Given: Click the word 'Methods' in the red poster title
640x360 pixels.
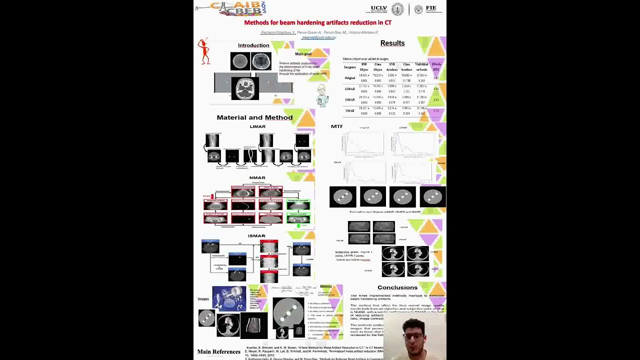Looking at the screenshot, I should click(x=255, y=22).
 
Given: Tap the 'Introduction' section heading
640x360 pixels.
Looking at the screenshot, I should click(x=253, y=45).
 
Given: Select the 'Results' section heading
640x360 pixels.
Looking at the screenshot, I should click(x=392, y=43).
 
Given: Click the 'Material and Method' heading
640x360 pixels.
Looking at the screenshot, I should click(x=254, y=117).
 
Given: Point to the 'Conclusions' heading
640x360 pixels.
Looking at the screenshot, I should click(x=397, y=287).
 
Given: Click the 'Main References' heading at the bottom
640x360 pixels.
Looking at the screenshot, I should click(x=218, y=352).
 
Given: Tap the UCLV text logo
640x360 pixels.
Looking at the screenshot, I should click(x=379, y=9).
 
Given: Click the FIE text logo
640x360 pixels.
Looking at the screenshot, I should click(x=430, y=9).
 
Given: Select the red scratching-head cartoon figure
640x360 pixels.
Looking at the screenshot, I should click(x=203, y=51).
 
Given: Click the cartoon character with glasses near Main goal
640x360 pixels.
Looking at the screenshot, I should click(x=322, y=95).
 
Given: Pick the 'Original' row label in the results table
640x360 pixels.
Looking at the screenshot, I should click(x=349, y=78).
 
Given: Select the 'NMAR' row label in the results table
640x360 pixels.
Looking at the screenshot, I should click(x=349, y=110).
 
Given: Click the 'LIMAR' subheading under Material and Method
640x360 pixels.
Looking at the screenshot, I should click(x=257, y=127).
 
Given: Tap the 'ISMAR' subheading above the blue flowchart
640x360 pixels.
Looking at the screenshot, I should click(x=256, y=236).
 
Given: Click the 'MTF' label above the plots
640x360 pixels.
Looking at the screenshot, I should click(x=336, y=126).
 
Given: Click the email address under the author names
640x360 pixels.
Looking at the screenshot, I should click(x=318, y=37).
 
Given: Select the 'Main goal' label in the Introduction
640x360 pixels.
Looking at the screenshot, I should click(x=303, y=54).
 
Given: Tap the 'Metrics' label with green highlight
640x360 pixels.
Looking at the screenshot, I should click(x=325, y=287).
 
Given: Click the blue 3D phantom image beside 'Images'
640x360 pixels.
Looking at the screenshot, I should click(x=228, y=297).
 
